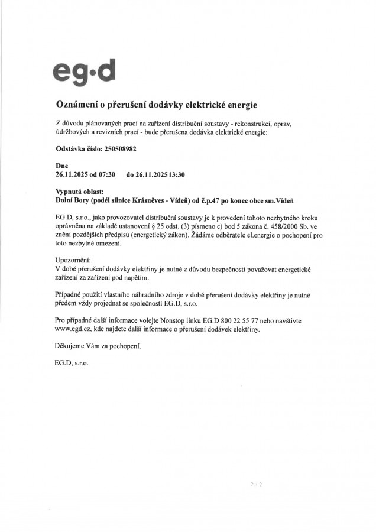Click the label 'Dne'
61,167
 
